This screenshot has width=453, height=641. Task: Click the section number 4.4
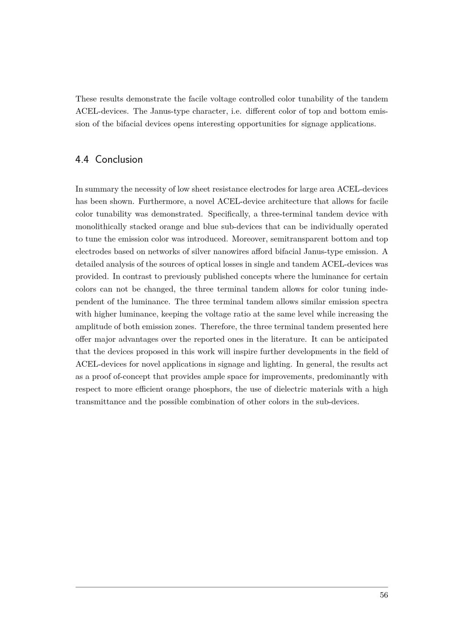pyautogui.click(x=82, y=160)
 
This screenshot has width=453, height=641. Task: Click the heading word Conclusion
pyautogui.click(x=119, y=160)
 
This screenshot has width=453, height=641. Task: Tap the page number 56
pyautogui.click(x=384, y=595)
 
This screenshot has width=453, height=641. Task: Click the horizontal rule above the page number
pyautogui.click(x=231, y=587)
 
